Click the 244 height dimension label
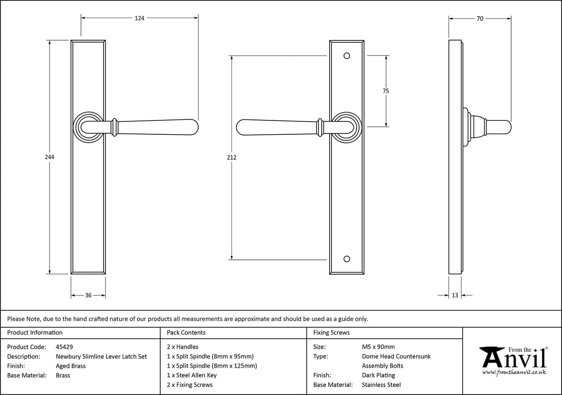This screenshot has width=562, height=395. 50,157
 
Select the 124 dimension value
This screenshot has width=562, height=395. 139,19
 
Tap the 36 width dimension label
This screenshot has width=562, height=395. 88,295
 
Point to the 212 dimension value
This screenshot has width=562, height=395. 232,157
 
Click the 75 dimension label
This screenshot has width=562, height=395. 386,91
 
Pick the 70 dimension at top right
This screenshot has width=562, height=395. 480,19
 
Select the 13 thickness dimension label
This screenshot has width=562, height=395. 455,295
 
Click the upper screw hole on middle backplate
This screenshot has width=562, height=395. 347,56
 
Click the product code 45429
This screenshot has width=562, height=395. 64,346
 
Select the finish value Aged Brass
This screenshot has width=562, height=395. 70,366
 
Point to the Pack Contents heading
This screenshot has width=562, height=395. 186,332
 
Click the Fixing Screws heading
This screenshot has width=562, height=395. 331,332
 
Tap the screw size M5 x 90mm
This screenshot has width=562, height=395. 378,346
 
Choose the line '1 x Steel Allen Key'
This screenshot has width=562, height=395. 192,375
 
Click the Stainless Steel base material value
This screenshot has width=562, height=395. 381,385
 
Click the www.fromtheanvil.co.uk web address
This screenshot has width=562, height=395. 514,372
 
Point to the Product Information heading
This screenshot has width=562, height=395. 35,332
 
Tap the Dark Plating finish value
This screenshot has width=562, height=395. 378,375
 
